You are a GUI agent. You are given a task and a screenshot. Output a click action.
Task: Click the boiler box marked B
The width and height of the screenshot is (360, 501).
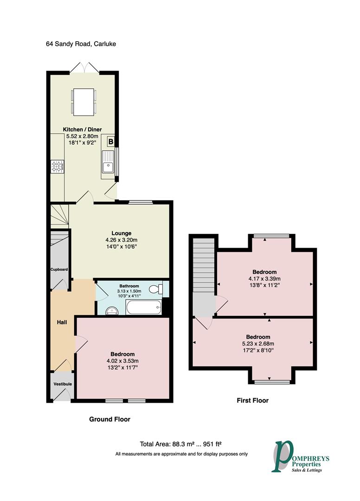coord(110,141)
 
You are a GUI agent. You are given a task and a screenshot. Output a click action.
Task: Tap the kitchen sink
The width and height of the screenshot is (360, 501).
coord(108,161)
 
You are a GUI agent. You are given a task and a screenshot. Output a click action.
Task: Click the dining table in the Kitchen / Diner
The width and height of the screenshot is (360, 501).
coord(84,102)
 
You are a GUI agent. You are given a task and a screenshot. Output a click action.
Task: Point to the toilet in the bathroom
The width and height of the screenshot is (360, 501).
coord(156,289)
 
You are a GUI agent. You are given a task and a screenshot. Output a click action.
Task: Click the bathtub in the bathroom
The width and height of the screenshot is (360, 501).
coord(144,307)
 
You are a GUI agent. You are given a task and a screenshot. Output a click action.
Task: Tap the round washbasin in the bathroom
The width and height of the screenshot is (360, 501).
coord(112,310)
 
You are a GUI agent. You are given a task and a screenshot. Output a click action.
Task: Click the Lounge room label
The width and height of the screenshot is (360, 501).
coord(122,233)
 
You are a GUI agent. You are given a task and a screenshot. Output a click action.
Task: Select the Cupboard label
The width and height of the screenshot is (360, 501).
coord(59,270)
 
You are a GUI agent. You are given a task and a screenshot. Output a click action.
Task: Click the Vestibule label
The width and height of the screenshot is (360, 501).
coord(63,384)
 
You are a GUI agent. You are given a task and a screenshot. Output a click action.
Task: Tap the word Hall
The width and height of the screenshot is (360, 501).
coord(62,322)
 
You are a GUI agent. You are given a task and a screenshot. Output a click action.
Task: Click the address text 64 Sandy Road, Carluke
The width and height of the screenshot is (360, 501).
coord(81,44)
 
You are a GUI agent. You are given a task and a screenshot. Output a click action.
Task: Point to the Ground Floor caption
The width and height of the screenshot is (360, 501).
coord(109,419)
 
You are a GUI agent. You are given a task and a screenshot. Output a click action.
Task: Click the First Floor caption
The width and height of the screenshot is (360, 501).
coord(253,400)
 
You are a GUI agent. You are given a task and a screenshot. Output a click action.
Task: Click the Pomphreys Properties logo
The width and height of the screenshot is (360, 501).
coord(300,456)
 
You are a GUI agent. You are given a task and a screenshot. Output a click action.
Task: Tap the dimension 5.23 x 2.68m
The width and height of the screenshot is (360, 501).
coord(258,344)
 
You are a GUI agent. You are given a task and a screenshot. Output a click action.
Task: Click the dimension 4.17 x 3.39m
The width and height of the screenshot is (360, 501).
coord(264,279)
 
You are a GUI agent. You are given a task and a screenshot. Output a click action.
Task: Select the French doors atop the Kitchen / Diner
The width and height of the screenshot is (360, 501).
coord(84,68)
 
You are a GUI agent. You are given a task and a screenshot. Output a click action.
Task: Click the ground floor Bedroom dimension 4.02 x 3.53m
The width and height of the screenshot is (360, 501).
coord(122,361)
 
